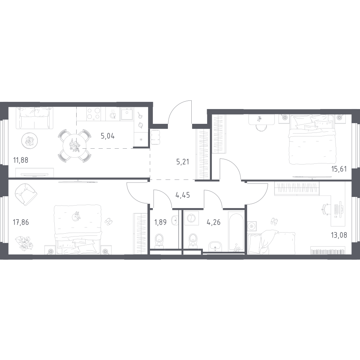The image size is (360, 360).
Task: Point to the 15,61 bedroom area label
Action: coord(338,169)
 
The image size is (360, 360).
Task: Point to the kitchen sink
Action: coord(126,114)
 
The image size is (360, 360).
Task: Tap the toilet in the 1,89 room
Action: coord(159,240)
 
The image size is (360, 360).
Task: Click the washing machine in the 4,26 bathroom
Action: coord(191,218)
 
